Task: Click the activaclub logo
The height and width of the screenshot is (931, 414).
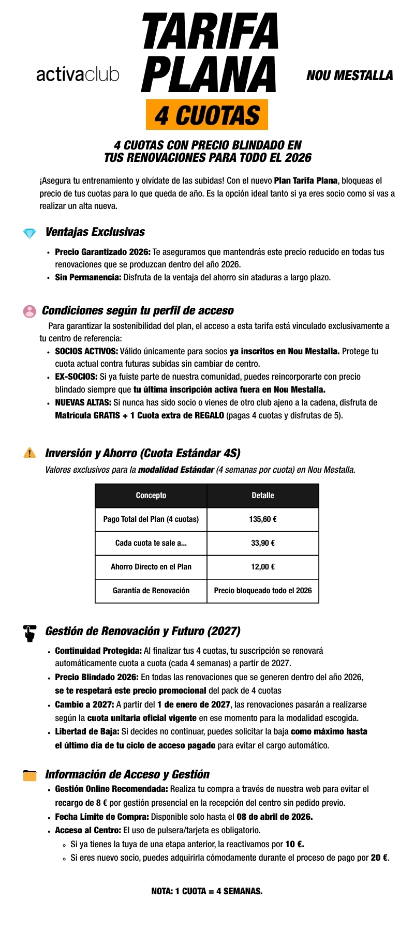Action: pyautogui.click(x=78, y=75)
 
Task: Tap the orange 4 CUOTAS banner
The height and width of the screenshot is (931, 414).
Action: pyautogui.click(x=207, y=115)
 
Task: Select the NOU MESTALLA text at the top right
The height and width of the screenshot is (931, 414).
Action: pyautogui.click(x=349, y=76)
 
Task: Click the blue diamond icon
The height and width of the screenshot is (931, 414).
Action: pyautogui.click(x=29, y=233)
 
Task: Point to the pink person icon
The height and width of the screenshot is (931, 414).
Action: pyautogui.click(x=29, y=311)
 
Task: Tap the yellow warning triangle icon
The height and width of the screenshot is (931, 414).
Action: pyautogui.click(x=29, y=453)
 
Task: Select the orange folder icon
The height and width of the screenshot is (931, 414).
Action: pyautogui.click(x=30, y=775)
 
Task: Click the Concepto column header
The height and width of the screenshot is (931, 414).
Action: pyautogui.click(x=151, y=495)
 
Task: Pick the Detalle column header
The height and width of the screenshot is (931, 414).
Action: pyautogui.click(x=263, y=495)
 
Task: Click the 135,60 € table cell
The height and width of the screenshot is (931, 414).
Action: pyautogui.click(x=263, y=519)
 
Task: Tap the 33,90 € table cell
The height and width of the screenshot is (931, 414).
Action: pyautogui.click(x=263, y=543)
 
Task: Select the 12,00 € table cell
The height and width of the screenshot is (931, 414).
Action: pyautogui.click(x=263, y=567)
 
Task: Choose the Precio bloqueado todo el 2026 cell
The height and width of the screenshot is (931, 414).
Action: pyautogui.click(x=263, y=591)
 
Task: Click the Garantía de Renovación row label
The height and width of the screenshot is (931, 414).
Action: pyautogui.click(x=151, y=591)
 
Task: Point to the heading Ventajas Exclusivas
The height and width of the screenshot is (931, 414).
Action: pyautogui.click(x=95, y=232)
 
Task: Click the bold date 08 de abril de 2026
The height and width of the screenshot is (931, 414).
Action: pyautogui.click(x=274, y=817)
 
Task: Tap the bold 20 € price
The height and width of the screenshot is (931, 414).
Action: pyautogui.click(x=379, y=858)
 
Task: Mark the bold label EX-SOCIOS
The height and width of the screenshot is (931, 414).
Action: pyautogui.click(x=76, y=377)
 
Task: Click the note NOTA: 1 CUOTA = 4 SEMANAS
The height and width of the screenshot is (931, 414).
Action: pyautogui.click(x=207, y=891)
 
